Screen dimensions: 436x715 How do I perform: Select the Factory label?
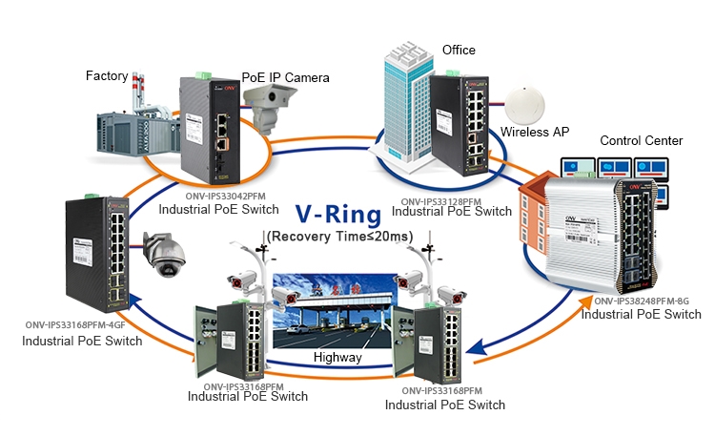pos(108,75)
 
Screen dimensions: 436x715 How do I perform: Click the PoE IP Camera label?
pos(285,76)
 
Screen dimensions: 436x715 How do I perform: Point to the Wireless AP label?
pos(535,132)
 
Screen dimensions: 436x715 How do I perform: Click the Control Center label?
pos(641,140)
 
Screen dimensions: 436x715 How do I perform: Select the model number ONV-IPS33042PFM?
pos(218,197)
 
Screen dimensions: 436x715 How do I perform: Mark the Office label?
pos(459,50)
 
